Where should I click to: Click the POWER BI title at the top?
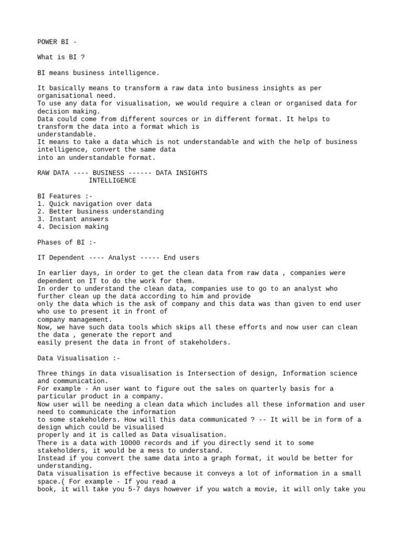(x=57, y=42)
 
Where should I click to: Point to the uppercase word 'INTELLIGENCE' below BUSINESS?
(x=112, y=181)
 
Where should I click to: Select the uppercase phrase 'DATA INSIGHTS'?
(x=182, y=173)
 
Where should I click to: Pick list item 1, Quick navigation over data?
(x=94, y=204)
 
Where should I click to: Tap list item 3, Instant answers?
(x=73, y=219)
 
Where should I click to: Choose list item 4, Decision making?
(x=73, y=227)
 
